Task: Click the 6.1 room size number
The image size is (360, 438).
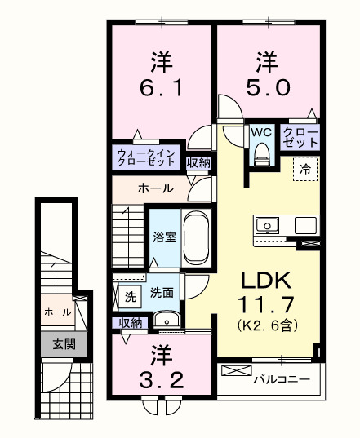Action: (x=160, y=86)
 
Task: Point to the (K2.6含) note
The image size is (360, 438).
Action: (x=266, y=325)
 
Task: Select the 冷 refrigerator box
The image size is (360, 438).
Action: (x=305, y=170)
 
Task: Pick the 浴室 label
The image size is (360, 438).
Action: (x=165, y=238)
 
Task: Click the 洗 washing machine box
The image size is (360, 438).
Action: (x=129, y=298)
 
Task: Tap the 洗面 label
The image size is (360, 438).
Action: (x=161, y=293)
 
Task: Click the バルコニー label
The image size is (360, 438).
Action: (x=280, y=379)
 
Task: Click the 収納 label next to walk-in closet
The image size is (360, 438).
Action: (x=198, y=162)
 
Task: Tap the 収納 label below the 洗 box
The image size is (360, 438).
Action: (x=130, y=323)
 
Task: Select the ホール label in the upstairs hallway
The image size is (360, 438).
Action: (x=154, y=188)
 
